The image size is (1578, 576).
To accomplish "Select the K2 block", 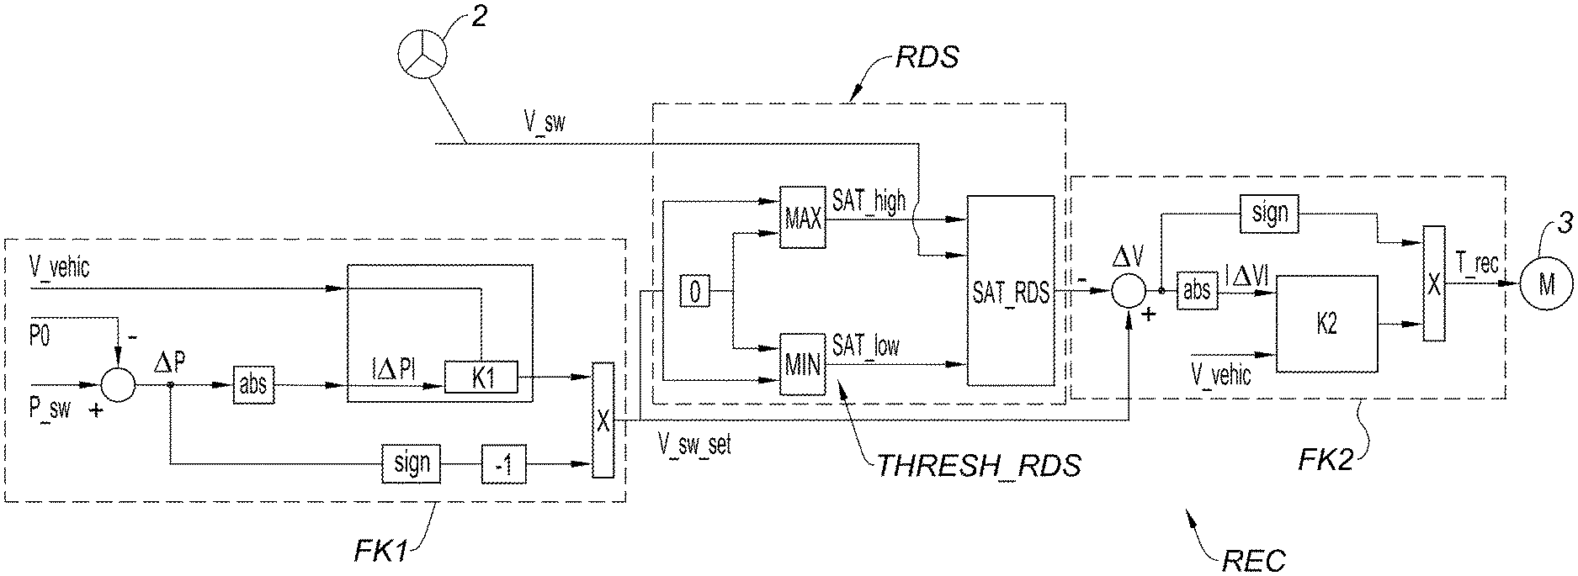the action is click(x=1327, y=323).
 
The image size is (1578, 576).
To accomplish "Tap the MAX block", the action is click(x=802, y=216).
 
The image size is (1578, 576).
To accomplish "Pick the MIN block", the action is click(x=802, y=364).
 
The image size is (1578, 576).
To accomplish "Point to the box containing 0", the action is click(x=694, y=293).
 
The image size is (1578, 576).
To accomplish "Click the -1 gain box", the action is click(x=503, y=463).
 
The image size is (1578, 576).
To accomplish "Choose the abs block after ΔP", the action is click(x=252, y=385).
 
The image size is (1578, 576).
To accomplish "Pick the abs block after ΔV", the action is click(x=1196, y=290).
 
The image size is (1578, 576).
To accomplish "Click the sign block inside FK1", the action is click(x=412, y=463).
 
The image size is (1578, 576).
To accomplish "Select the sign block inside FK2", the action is click(x=1269, y=214).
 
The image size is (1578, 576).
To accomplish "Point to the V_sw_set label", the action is click(x=694, y=444).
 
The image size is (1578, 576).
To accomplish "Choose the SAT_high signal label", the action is click(x=869, y=200).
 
